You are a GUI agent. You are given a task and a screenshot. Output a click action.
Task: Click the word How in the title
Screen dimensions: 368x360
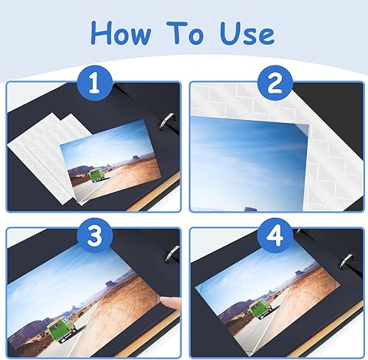[121, 33]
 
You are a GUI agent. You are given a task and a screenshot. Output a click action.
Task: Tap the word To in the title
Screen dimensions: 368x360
[185, 32]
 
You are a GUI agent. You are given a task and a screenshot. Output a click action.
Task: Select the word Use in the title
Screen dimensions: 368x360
[247, 33]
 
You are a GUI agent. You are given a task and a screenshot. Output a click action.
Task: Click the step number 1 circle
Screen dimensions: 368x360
[95, 82]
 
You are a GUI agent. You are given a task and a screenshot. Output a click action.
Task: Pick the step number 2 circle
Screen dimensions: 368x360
[275, 83]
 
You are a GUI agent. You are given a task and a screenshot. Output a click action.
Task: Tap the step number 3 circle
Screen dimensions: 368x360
[95, 235]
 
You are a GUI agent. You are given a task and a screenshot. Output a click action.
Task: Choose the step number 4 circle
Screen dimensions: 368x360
[275, 235]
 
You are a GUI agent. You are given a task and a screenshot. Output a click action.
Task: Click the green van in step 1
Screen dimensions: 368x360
[96, 176]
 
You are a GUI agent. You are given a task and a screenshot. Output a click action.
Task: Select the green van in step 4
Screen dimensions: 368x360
[259, 309]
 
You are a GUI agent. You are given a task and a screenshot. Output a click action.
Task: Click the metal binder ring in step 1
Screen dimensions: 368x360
[167, 121]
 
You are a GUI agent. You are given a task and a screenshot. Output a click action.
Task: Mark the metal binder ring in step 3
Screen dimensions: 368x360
[172, 254]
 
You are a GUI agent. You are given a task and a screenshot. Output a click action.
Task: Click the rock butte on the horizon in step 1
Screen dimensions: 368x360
[136, 158]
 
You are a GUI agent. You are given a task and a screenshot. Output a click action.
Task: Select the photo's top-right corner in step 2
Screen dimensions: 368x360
[310, 125]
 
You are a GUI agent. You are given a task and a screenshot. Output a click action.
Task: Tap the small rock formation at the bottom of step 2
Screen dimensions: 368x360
[251, 209]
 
